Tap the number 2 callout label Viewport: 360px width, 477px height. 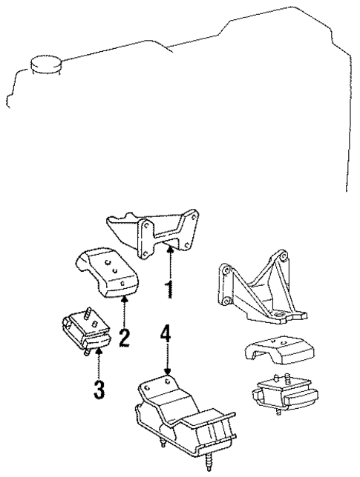(x=124, y=338)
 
